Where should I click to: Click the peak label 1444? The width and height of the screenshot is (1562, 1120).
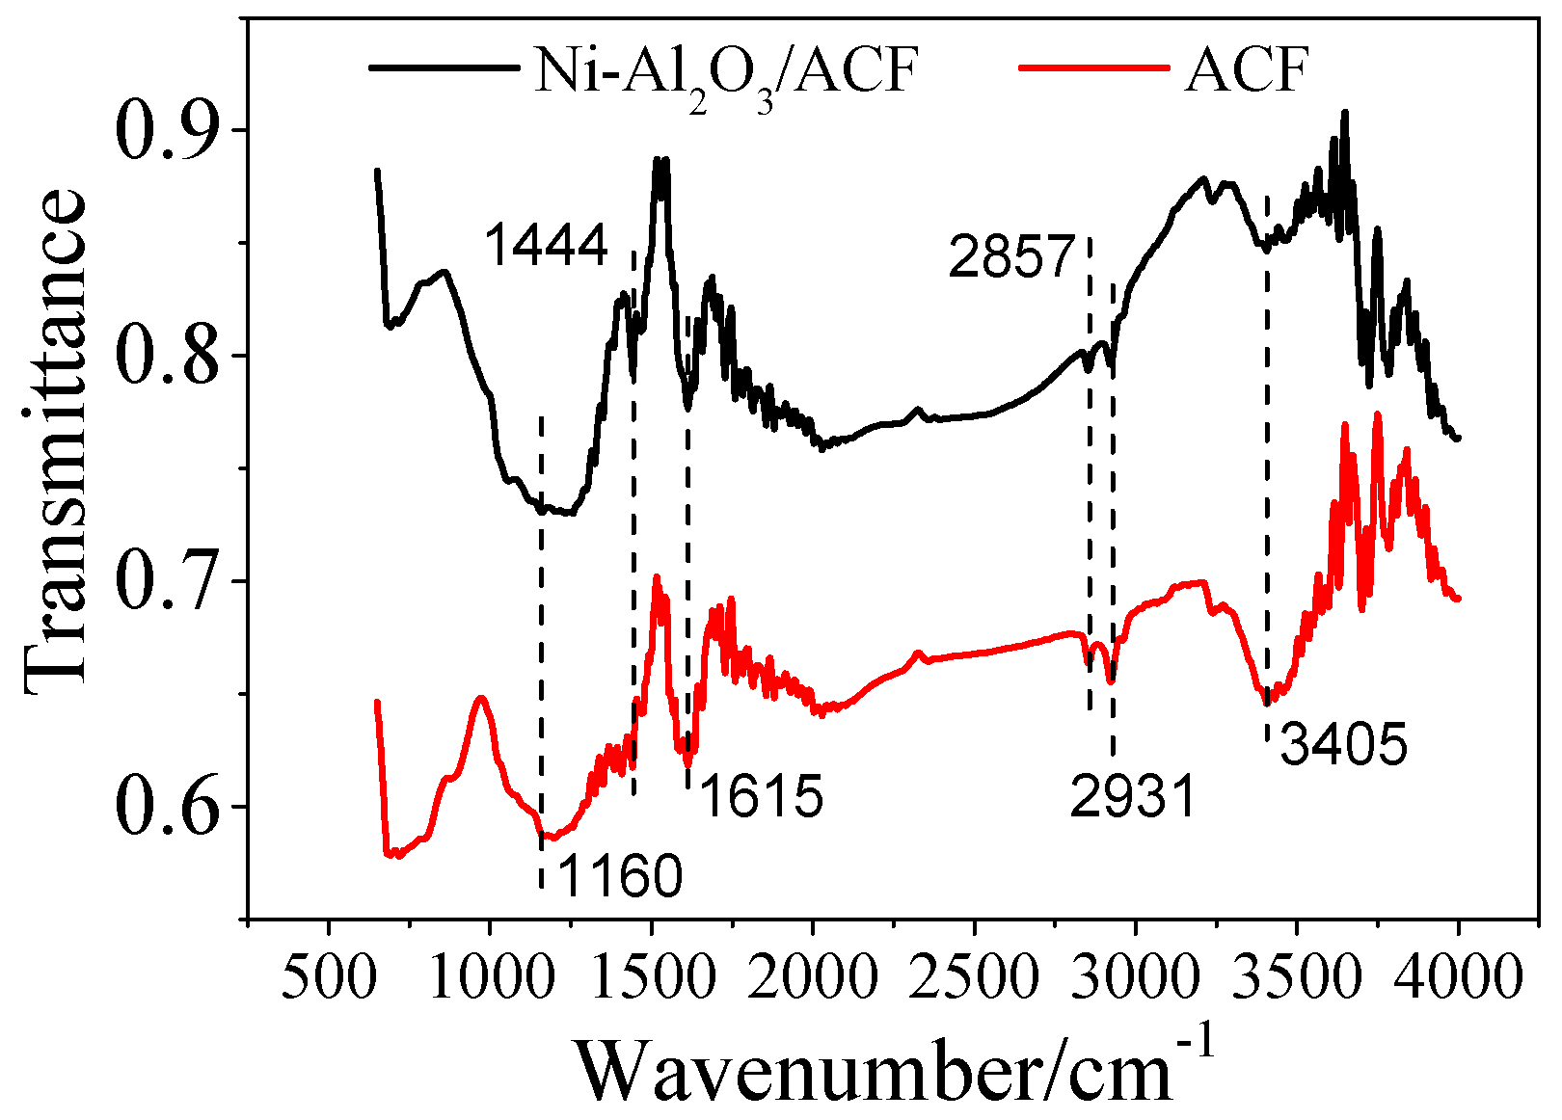pyautogui.click(x=546, y=245)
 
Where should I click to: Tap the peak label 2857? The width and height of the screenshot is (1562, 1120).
pyautogui.click(x=1011, y=257)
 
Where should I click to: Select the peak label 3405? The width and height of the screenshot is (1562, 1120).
pyautogui.click(x=1344, y=745)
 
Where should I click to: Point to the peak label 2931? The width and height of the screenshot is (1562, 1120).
pyautogui.click(x=1133, y=798)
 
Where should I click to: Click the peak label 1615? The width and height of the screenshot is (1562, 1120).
pyautogui.click(x=762, y=797)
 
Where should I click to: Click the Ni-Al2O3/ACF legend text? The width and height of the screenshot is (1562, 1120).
pyautogui.click(x=722, y=72)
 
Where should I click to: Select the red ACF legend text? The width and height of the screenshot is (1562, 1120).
pyautogui.click(x=1246, y=69)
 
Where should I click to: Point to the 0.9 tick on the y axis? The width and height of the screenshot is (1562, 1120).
pyautogui.click(x=168, y=130)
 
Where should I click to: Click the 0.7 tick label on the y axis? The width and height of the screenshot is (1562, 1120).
pyautogui.click(x=168, y=581)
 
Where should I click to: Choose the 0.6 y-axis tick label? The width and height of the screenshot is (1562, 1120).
pyautogui.click(x=168, y=807)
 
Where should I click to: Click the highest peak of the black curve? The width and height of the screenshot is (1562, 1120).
pyautogui.click(x=1344, y=112)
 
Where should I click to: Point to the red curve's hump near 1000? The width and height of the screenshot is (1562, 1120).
pyautogui.click(x=480, y=697)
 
